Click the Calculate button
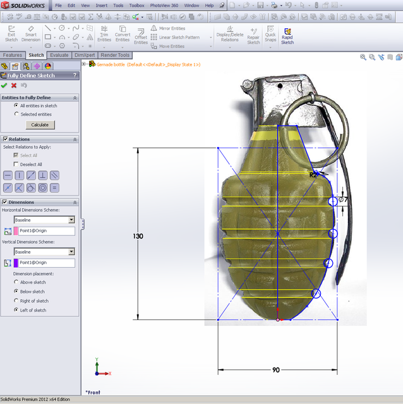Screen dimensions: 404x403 [x=40, y=125]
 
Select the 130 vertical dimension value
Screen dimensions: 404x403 [x=138, y=236]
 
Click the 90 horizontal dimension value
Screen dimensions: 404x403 [x=276, y=370]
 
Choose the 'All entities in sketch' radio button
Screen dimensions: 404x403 [x=16, y=105]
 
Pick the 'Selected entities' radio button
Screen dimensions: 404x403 [x=16, y=114]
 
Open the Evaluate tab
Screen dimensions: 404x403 [x=59, y=55]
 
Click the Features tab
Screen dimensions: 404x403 [x=13, y=55]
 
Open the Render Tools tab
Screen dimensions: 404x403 [x=115, y=55]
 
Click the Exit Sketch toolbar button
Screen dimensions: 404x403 [x=11, y=34]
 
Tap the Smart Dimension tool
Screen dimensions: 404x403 [x=31, y=34]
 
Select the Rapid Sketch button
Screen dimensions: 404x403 [x=287, y=35]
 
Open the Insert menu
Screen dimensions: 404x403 [x=101, y=5]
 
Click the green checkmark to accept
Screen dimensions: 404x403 [x=4, y=85]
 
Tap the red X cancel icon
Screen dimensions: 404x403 [x=14, y=85]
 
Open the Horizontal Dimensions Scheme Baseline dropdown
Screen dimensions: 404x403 [x=71, y=220]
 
